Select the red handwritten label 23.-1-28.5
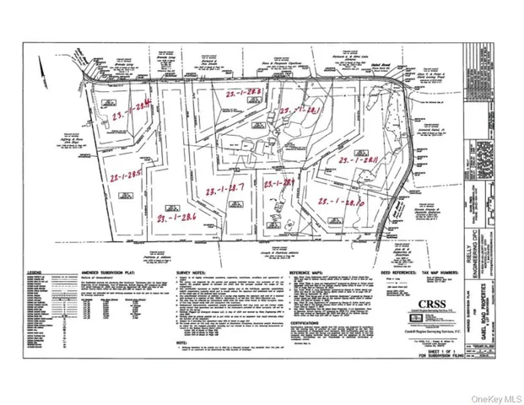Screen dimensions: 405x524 (x=125, y=177)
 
